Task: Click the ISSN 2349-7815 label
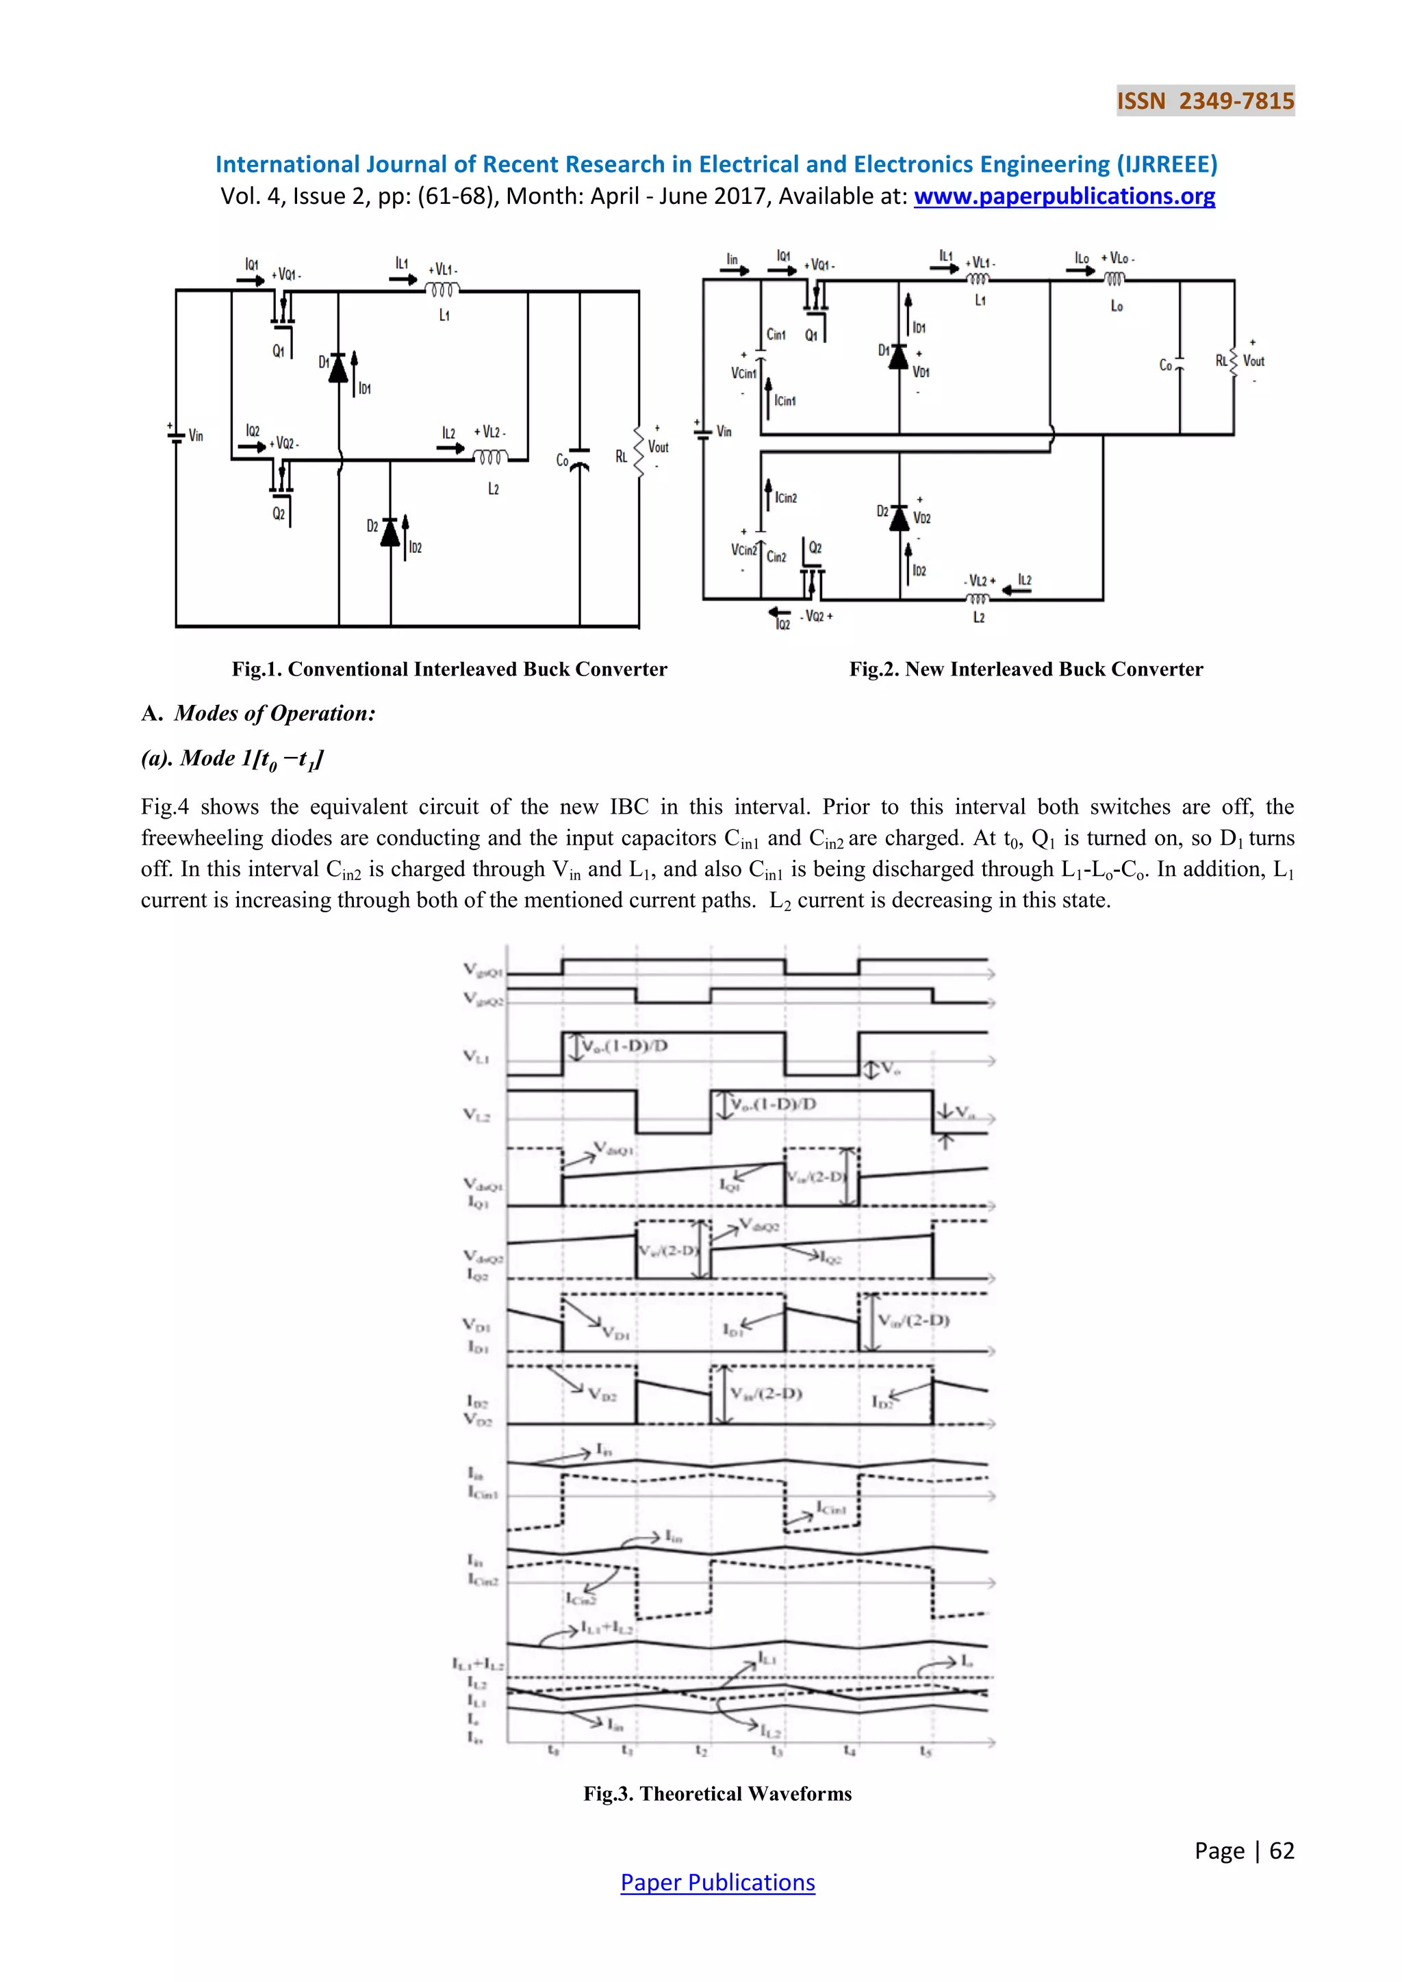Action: (1205, 101)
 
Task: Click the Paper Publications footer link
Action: (717, 1882)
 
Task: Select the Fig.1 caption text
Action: (449, 669)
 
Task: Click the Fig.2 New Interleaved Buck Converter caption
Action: (1025, 669)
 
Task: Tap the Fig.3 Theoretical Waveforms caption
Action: (717, 1793)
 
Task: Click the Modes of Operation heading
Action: (275, 713)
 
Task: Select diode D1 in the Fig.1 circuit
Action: (338, 368)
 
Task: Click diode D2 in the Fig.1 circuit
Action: (390, 532)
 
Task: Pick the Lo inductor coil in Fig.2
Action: (1114, 279)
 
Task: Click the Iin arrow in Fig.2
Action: (734, 270)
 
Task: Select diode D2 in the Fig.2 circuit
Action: (900, 517)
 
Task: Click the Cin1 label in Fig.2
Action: (775, 335)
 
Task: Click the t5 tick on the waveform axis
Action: (926, 1751)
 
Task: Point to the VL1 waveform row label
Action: (476, 1056)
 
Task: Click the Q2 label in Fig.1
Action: (279, 513)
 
